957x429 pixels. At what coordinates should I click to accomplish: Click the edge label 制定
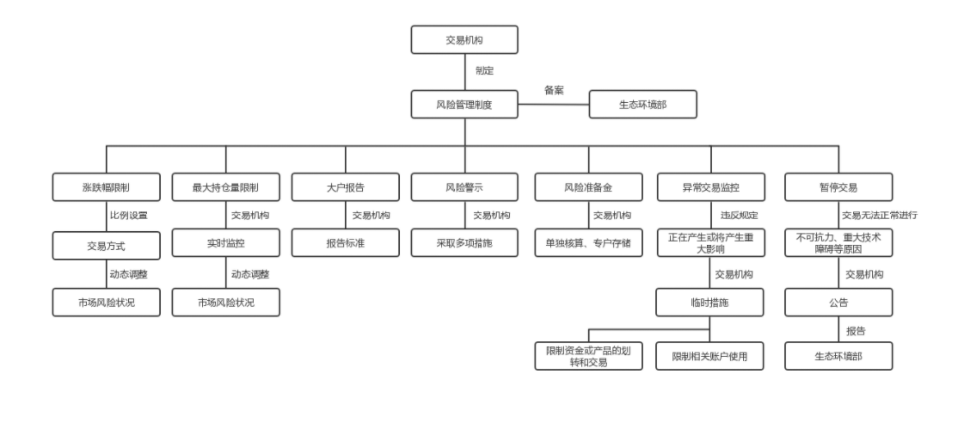click(x=484, y=71)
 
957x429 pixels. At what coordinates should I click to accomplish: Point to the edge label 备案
click(x=554, y=90)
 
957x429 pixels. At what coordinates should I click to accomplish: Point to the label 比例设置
click(x=129, y=214)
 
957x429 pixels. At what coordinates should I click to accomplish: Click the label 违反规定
click(x=739, y=214)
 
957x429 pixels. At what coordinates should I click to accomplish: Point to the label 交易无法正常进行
click(x=879, y=214)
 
